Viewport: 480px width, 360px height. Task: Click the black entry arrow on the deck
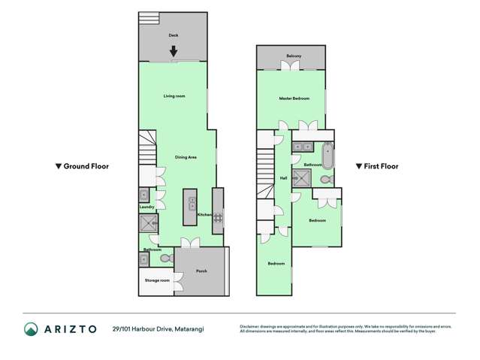(x=174, y=52)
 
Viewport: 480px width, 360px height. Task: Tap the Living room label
(x=174, y=96)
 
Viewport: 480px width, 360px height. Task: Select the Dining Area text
(x=186, y=157)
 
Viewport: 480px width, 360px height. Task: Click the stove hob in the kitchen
(x=218, y=218)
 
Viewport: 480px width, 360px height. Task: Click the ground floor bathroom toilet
(x=166, y=259)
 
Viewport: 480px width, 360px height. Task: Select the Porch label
(x=201, y=271)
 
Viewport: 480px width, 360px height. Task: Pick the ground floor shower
(x=147, y=224)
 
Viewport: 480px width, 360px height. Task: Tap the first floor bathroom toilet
(x=326, y=180)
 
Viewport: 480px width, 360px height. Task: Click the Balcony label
(x=294, y=56)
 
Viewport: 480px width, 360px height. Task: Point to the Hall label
(x=283, y=178)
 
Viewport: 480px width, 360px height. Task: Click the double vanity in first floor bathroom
(x=303, y=147)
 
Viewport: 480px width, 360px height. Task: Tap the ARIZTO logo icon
(x=30, y=329)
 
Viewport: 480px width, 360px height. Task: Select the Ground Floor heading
(x=83, y=166)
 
